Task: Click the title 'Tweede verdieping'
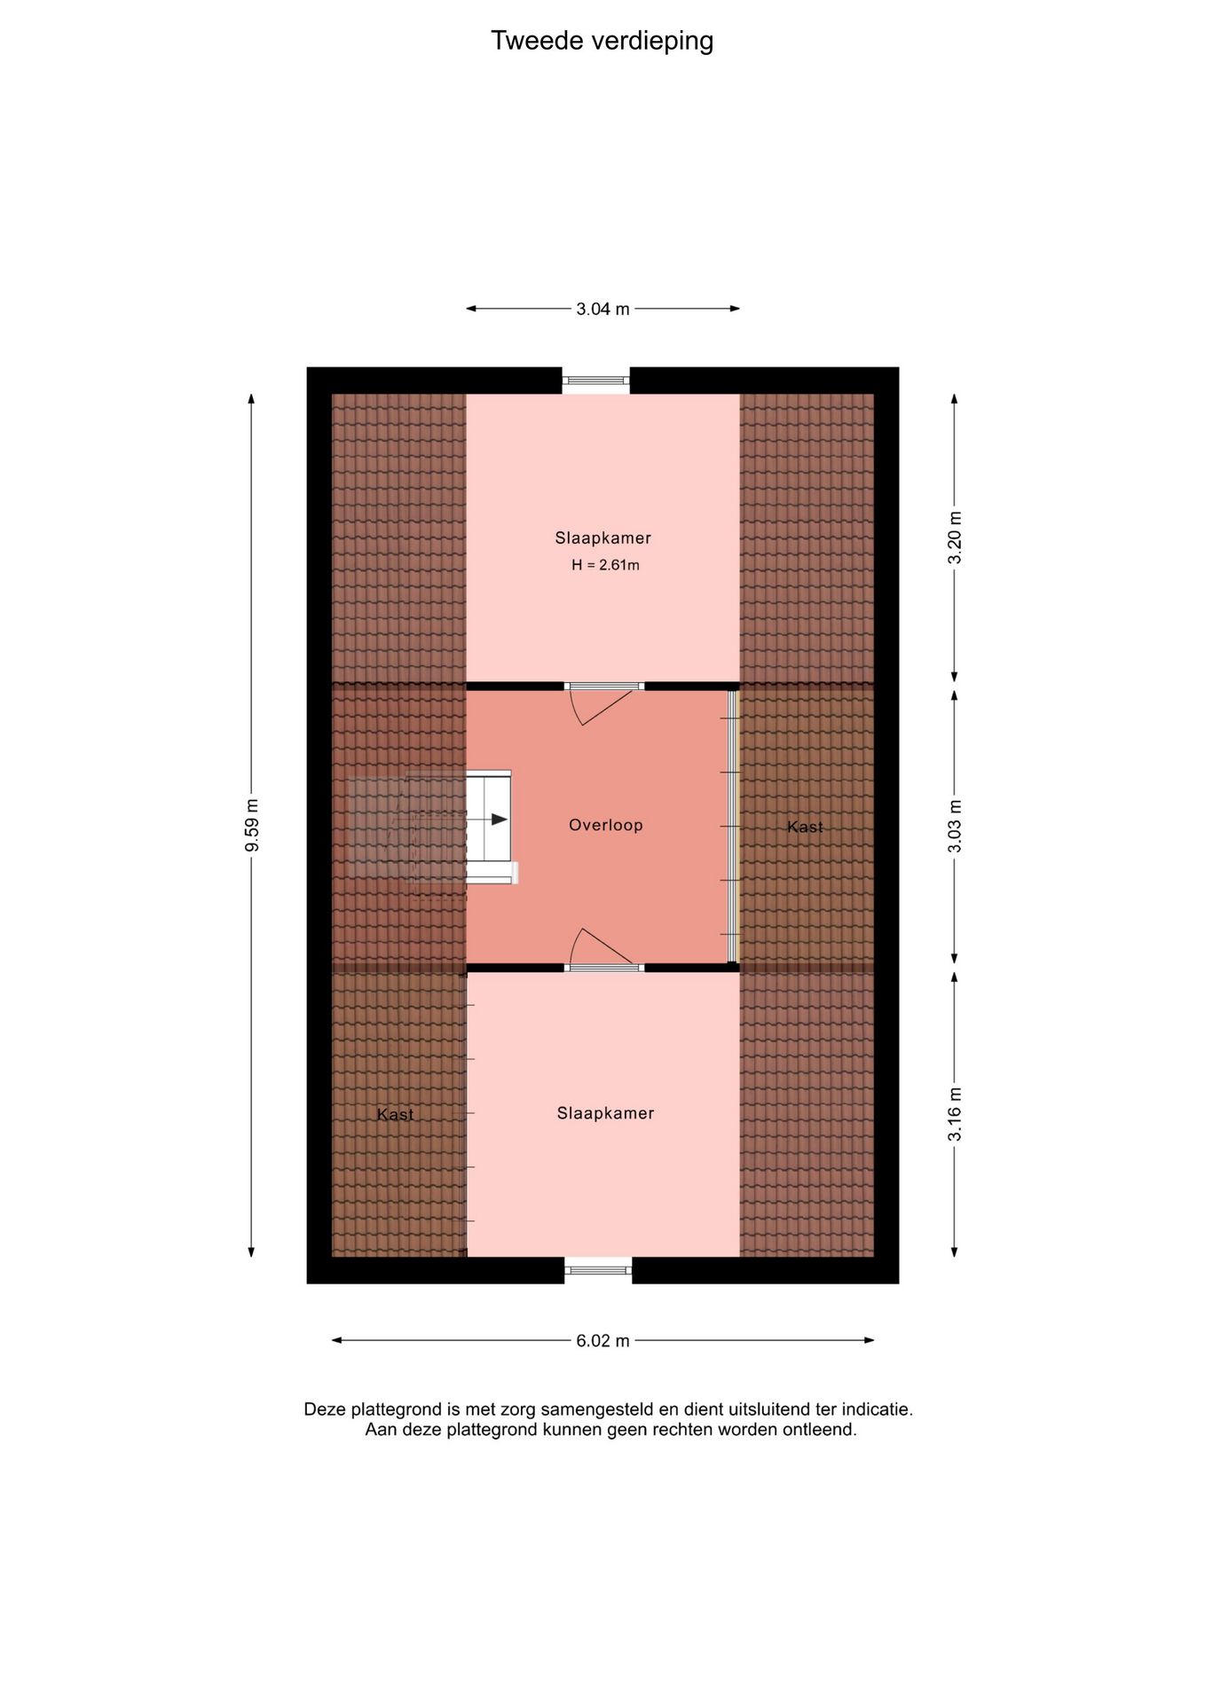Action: pos(602,41)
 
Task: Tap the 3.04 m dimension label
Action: pos(602,309)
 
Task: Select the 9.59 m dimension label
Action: pos(252,825)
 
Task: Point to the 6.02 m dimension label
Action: pos(602,1340)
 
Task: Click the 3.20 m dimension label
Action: pos(955,538)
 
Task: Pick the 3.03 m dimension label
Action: pos(955,826)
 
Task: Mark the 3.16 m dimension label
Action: pos(955,1114)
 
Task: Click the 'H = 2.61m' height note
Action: pos(605,565)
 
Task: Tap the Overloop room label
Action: pos(605,825)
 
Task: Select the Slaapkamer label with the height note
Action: pos(602,538)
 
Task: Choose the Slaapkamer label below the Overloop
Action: pos(605,1113)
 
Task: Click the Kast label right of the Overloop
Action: pos(805,827)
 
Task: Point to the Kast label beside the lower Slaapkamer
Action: pos(395,1114)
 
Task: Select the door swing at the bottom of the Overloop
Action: pos(600,946)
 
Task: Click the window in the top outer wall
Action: pos(595,381)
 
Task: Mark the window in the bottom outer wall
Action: pos(598,1270)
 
